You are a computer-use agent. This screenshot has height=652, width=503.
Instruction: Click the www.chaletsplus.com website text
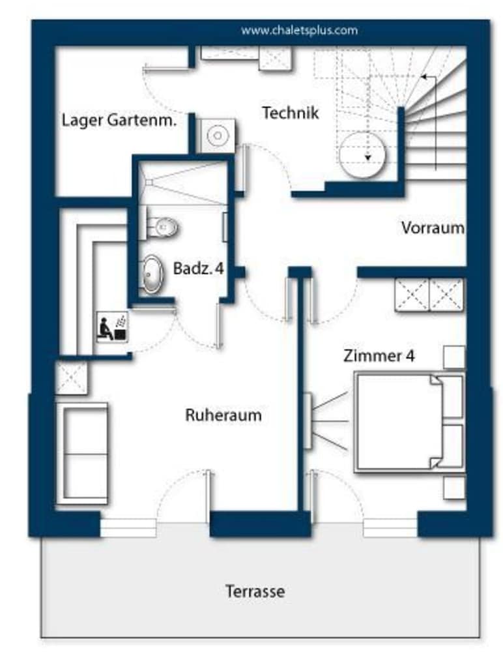(x=299, y=31)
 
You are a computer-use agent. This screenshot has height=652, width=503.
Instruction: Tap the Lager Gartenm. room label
(x=119, y=121)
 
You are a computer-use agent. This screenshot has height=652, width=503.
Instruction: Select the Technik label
(x=291, y=113)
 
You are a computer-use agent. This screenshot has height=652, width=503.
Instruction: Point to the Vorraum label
(x=433, y=228)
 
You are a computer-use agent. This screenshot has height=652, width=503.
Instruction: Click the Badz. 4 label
(x=198, y=268)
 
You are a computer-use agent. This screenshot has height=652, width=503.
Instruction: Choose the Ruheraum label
(x=223, y=415)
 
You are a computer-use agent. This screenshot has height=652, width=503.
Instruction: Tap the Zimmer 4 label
(x=379, y=356)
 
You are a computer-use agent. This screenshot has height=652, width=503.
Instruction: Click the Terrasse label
(x=255, y=591)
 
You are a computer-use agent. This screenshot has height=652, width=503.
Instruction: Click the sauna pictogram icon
(x=112, y=327)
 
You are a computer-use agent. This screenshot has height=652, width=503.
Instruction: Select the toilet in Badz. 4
(x=162, y=227)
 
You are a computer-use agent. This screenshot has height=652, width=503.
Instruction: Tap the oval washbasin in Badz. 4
(x=152, y=274)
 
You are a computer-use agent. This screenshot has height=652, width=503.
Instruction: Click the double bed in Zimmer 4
(x=409, y=422)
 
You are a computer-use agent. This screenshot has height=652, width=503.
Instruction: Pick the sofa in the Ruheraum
(x=82, y=454)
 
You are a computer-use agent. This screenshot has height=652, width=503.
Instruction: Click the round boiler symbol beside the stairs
(x=362, y=155)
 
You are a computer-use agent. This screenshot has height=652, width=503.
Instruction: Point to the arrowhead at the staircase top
(x=424, y=76)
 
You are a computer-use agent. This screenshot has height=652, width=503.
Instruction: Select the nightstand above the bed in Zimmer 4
(x=454, y=357)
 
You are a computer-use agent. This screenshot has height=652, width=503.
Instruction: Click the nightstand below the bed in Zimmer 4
(x=454, y=488)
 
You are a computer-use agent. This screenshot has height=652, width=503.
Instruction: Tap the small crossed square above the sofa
(x=72, y=378)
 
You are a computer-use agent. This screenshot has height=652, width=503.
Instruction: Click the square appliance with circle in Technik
(x=215, y=136)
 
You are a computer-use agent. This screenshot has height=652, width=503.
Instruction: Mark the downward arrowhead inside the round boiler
(x=367, y=158)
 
